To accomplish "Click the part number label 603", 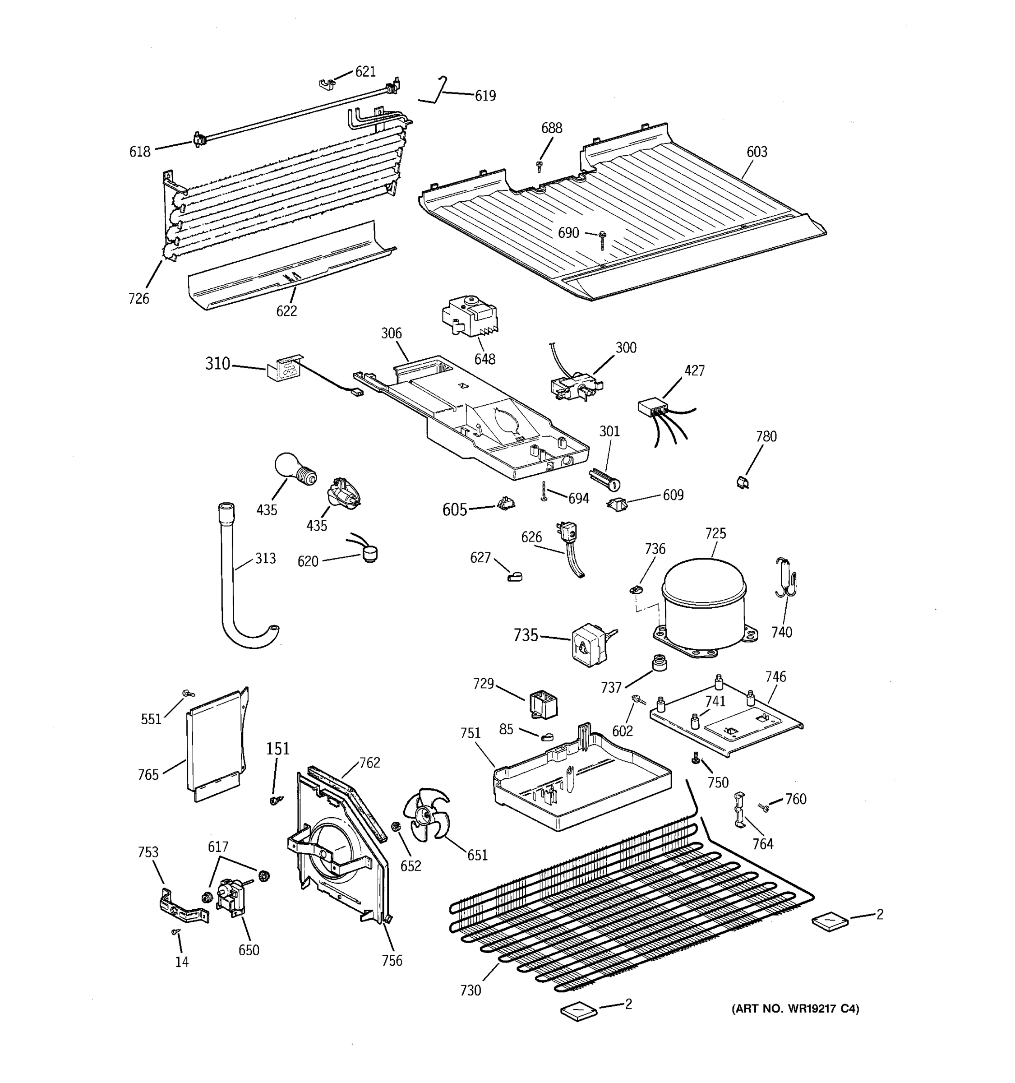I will pyautogui.click(x=757, y=152).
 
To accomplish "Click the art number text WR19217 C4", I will pyautogui.click(x=795, y=1009).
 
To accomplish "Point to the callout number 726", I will pyautogui.click(x=138, y=299).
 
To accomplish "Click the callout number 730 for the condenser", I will pyautogui.click(x=471, y=990).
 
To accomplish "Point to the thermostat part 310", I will pyautogui.click(x=283, y=370).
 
